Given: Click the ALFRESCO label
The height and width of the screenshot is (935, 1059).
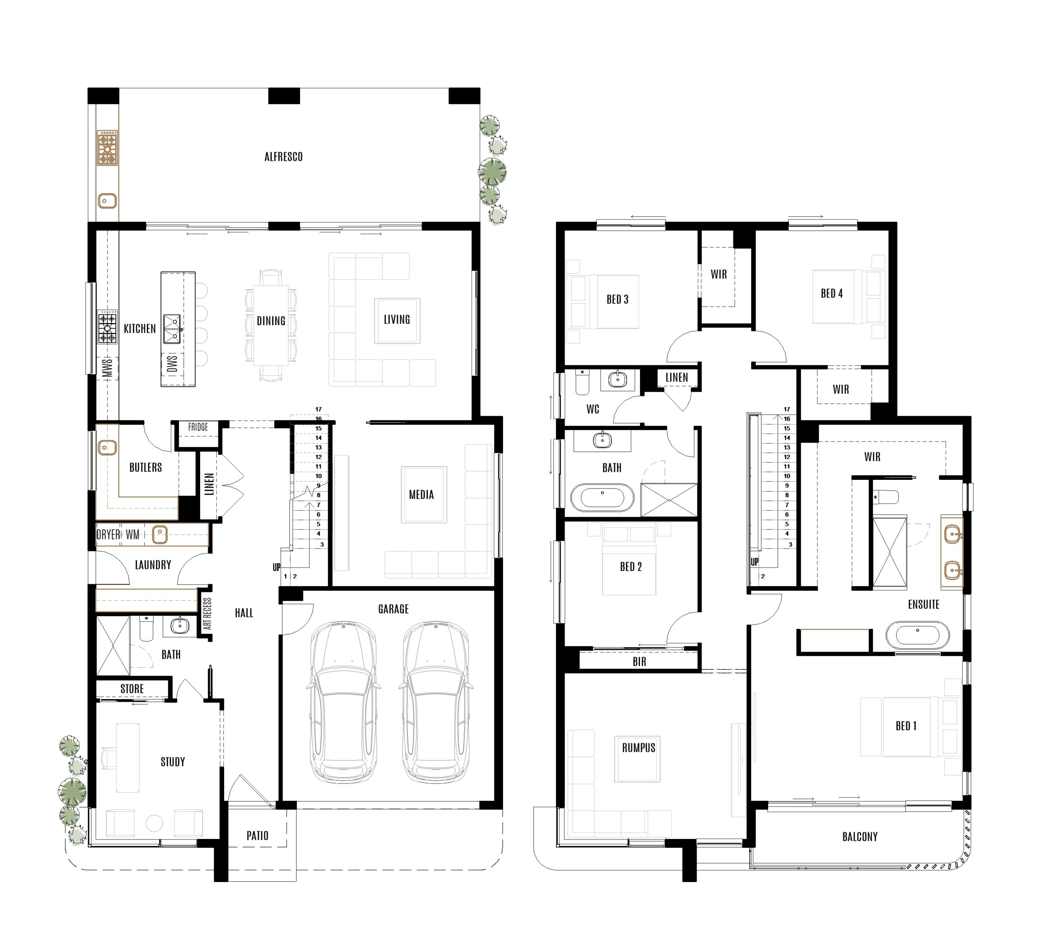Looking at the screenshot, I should coord(283,156).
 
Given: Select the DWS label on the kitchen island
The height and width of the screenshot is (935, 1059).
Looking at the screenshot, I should coord(173,364).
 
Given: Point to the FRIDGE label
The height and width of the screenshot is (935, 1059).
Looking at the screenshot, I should coord(198,427).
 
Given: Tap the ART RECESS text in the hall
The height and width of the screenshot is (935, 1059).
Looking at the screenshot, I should coord(207,614).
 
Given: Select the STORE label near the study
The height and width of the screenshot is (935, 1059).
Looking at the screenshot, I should coord(132,689).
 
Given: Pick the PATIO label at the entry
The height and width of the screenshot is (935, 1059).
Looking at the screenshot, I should coord(257,835).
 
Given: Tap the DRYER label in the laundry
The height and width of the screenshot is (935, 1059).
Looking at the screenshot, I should coord(108,535).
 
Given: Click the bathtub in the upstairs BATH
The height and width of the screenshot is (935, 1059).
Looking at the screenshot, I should coord(602,499).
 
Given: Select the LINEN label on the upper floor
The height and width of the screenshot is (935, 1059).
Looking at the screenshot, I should coord(677,377).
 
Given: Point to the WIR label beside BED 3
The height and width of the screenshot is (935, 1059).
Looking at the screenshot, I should coord(719,274).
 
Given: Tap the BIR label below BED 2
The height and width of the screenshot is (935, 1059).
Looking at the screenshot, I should coord(640,662).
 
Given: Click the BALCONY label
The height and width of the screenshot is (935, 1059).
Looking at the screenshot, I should coord(860,837).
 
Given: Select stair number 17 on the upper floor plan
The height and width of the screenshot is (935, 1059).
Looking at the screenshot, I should coord(787,410).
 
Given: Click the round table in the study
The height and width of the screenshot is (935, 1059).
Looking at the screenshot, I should coord(154,823).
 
